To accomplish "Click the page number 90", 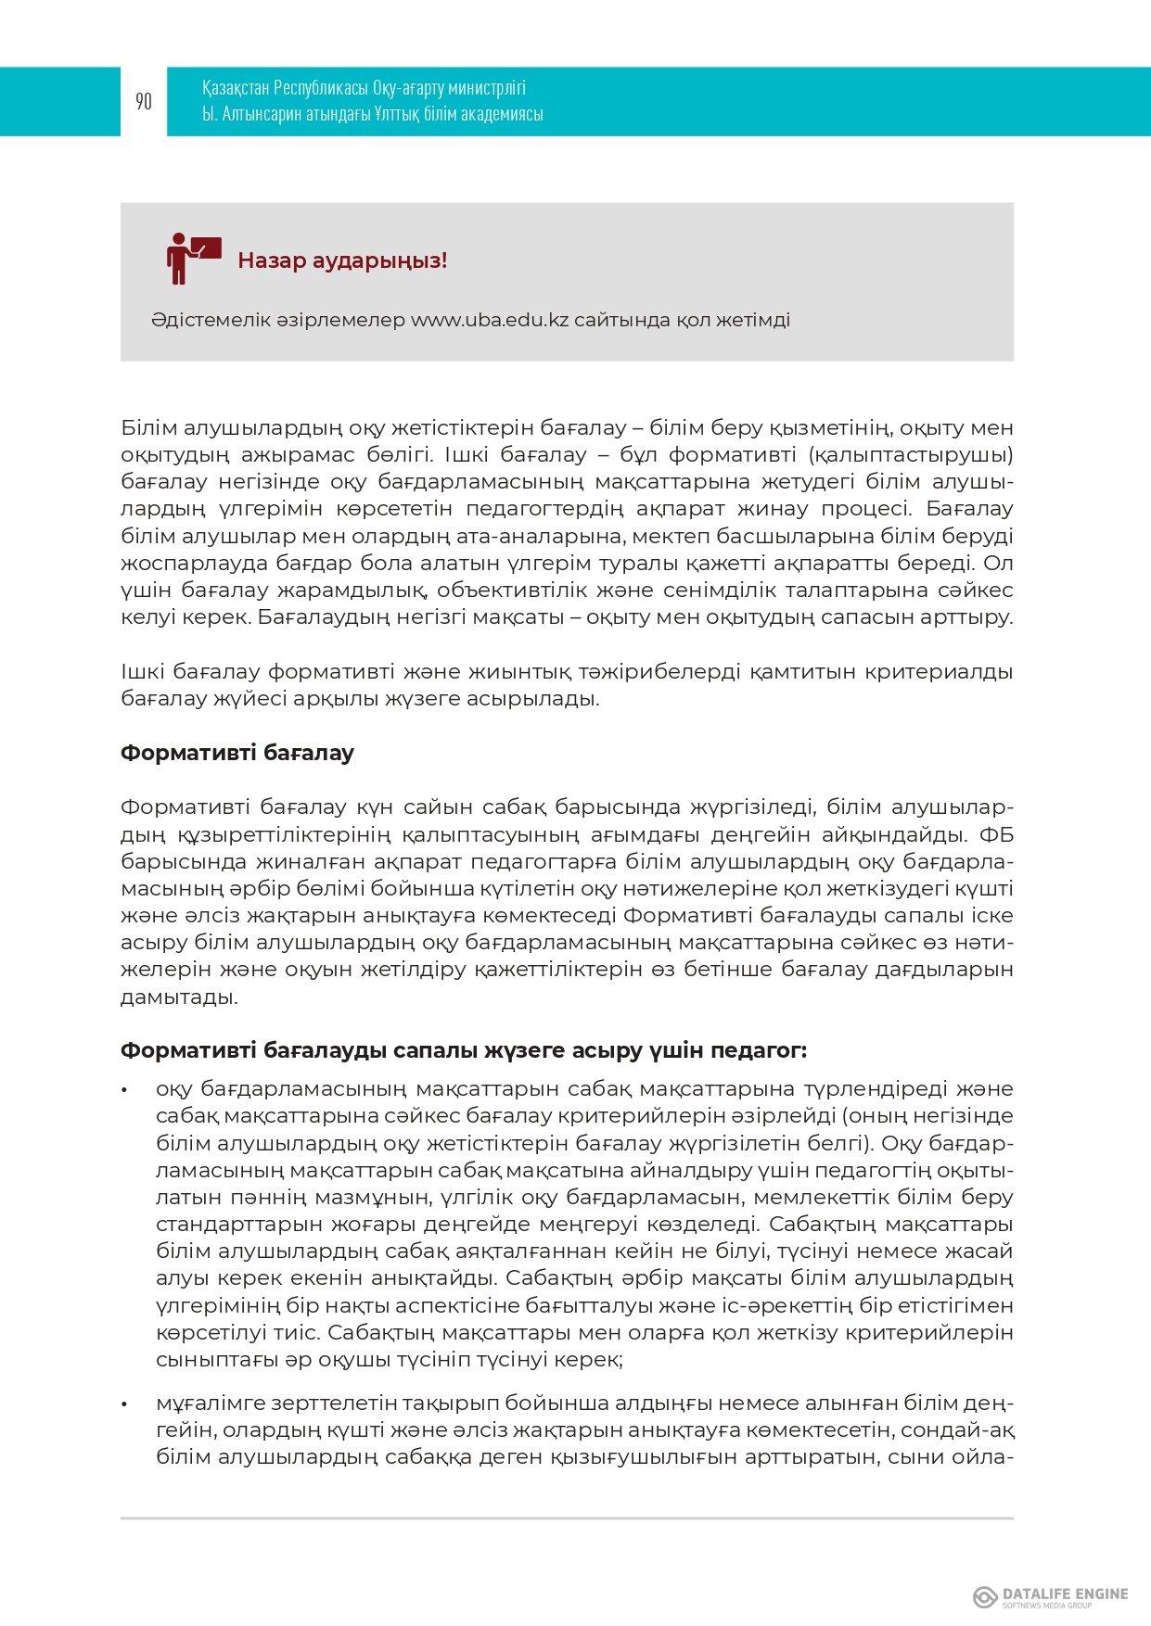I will (144, 102).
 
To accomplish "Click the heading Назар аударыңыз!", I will (342, 260).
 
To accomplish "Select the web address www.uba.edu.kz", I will (489, 320).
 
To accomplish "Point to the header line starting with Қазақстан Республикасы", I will (364, 88).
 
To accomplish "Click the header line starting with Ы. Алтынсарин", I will (372, 114).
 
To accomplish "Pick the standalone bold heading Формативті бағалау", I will (237, 753).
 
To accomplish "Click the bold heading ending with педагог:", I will (464, 1050).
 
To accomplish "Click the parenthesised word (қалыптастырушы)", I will (910, 455).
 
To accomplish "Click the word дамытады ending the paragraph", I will (178, 997).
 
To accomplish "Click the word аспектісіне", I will (398, 1305).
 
